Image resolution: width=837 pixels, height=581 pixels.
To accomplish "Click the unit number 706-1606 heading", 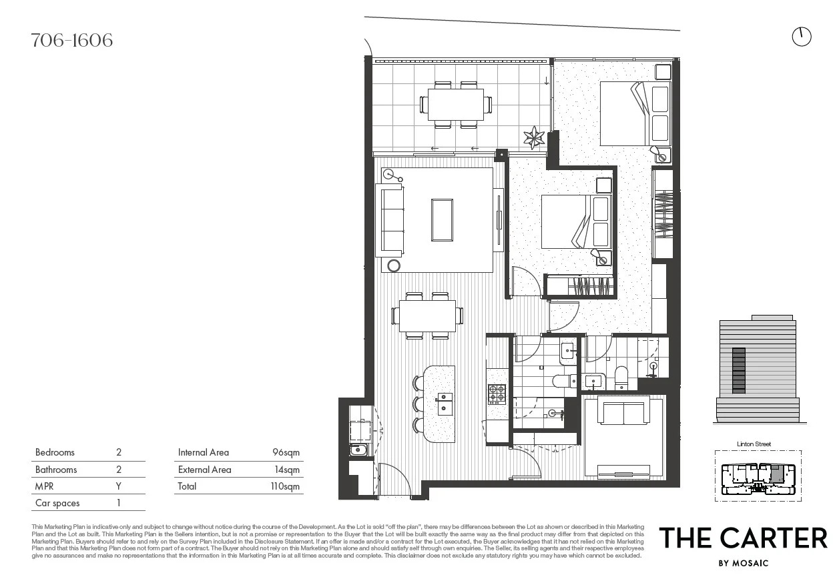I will pos(72,41).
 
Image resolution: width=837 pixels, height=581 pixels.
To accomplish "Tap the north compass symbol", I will pos(801,37).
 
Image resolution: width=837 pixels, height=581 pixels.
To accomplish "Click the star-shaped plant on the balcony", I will pos(534,137).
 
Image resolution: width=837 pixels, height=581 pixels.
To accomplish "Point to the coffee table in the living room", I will pos(442,219).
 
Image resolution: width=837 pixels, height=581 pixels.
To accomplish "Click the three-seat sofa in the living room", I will pos(391,219).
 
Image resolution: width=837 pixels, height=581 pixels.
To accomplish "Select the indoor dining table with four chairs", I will pos(427,315).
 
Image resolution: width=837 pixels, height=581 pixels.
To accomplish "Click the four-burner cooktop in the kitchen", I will pos(497,394).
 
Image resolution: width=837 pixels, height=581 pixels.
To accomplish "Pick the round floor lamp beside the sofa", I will pos(394,265).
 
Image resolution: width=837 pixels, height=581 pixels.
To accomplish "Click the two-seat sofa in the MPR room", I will pos(623,413).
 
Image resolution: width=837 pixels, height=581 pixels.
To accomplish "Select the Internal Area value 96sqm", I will pos(286,452).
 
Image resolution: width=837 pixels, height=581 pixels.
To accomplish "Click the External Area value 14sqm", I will pos(287,470).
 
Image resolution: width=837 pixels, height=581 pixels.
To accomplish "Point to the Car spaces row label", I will pos(57,503).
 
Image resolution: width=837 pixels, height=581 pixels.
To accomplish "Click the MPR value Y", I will pos(119,486).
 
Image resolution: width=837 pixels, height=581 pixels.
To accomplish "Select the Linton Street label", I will pos(754,444).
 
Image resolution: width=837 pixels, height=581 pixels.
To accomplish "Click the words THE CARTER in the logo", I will pos(743,538).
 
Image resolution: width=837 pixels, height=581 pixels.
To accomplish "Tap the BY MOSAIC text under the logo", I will pos(743,563).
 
